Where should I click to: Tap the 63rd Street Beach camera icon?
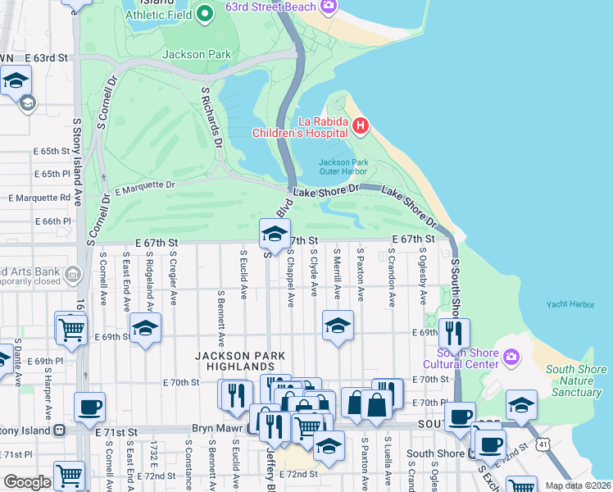pos(329,7)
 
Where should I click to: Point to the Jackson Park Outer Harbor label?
pos(343,167)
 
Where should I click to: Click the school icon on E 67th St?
pos(275,235)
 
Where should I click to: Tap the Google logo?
pos(27,482)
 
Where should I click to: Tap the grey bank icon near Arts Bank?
pos(73,274)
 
